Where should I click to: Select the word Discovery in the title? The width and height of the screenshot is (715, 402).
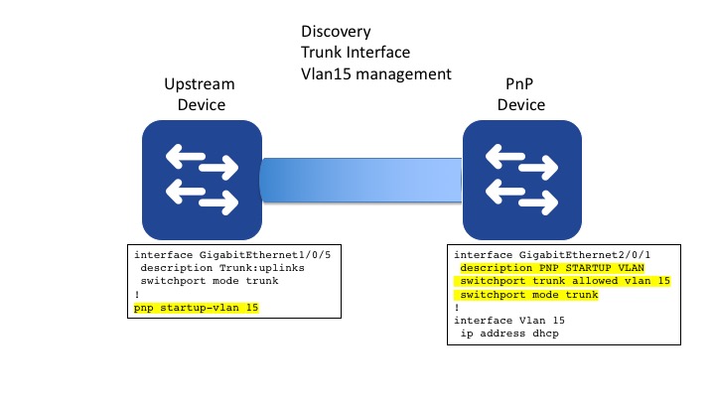click(x=336, y=30)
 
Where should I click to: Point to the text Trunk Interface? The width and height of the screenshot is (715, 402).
click(x=357, y=52)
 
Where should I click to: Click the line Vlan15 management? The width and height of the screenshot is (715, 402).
click(x=376, y=73)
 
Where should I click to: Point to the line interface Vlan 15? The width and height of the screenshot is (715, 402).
click(x=506, y=321)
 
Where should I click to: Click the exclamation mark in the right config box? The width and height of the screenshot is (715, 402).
click(x=457, y=308)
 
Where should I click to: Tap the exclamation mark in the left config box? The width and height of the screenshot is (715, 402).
click(x=137, y=295)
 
